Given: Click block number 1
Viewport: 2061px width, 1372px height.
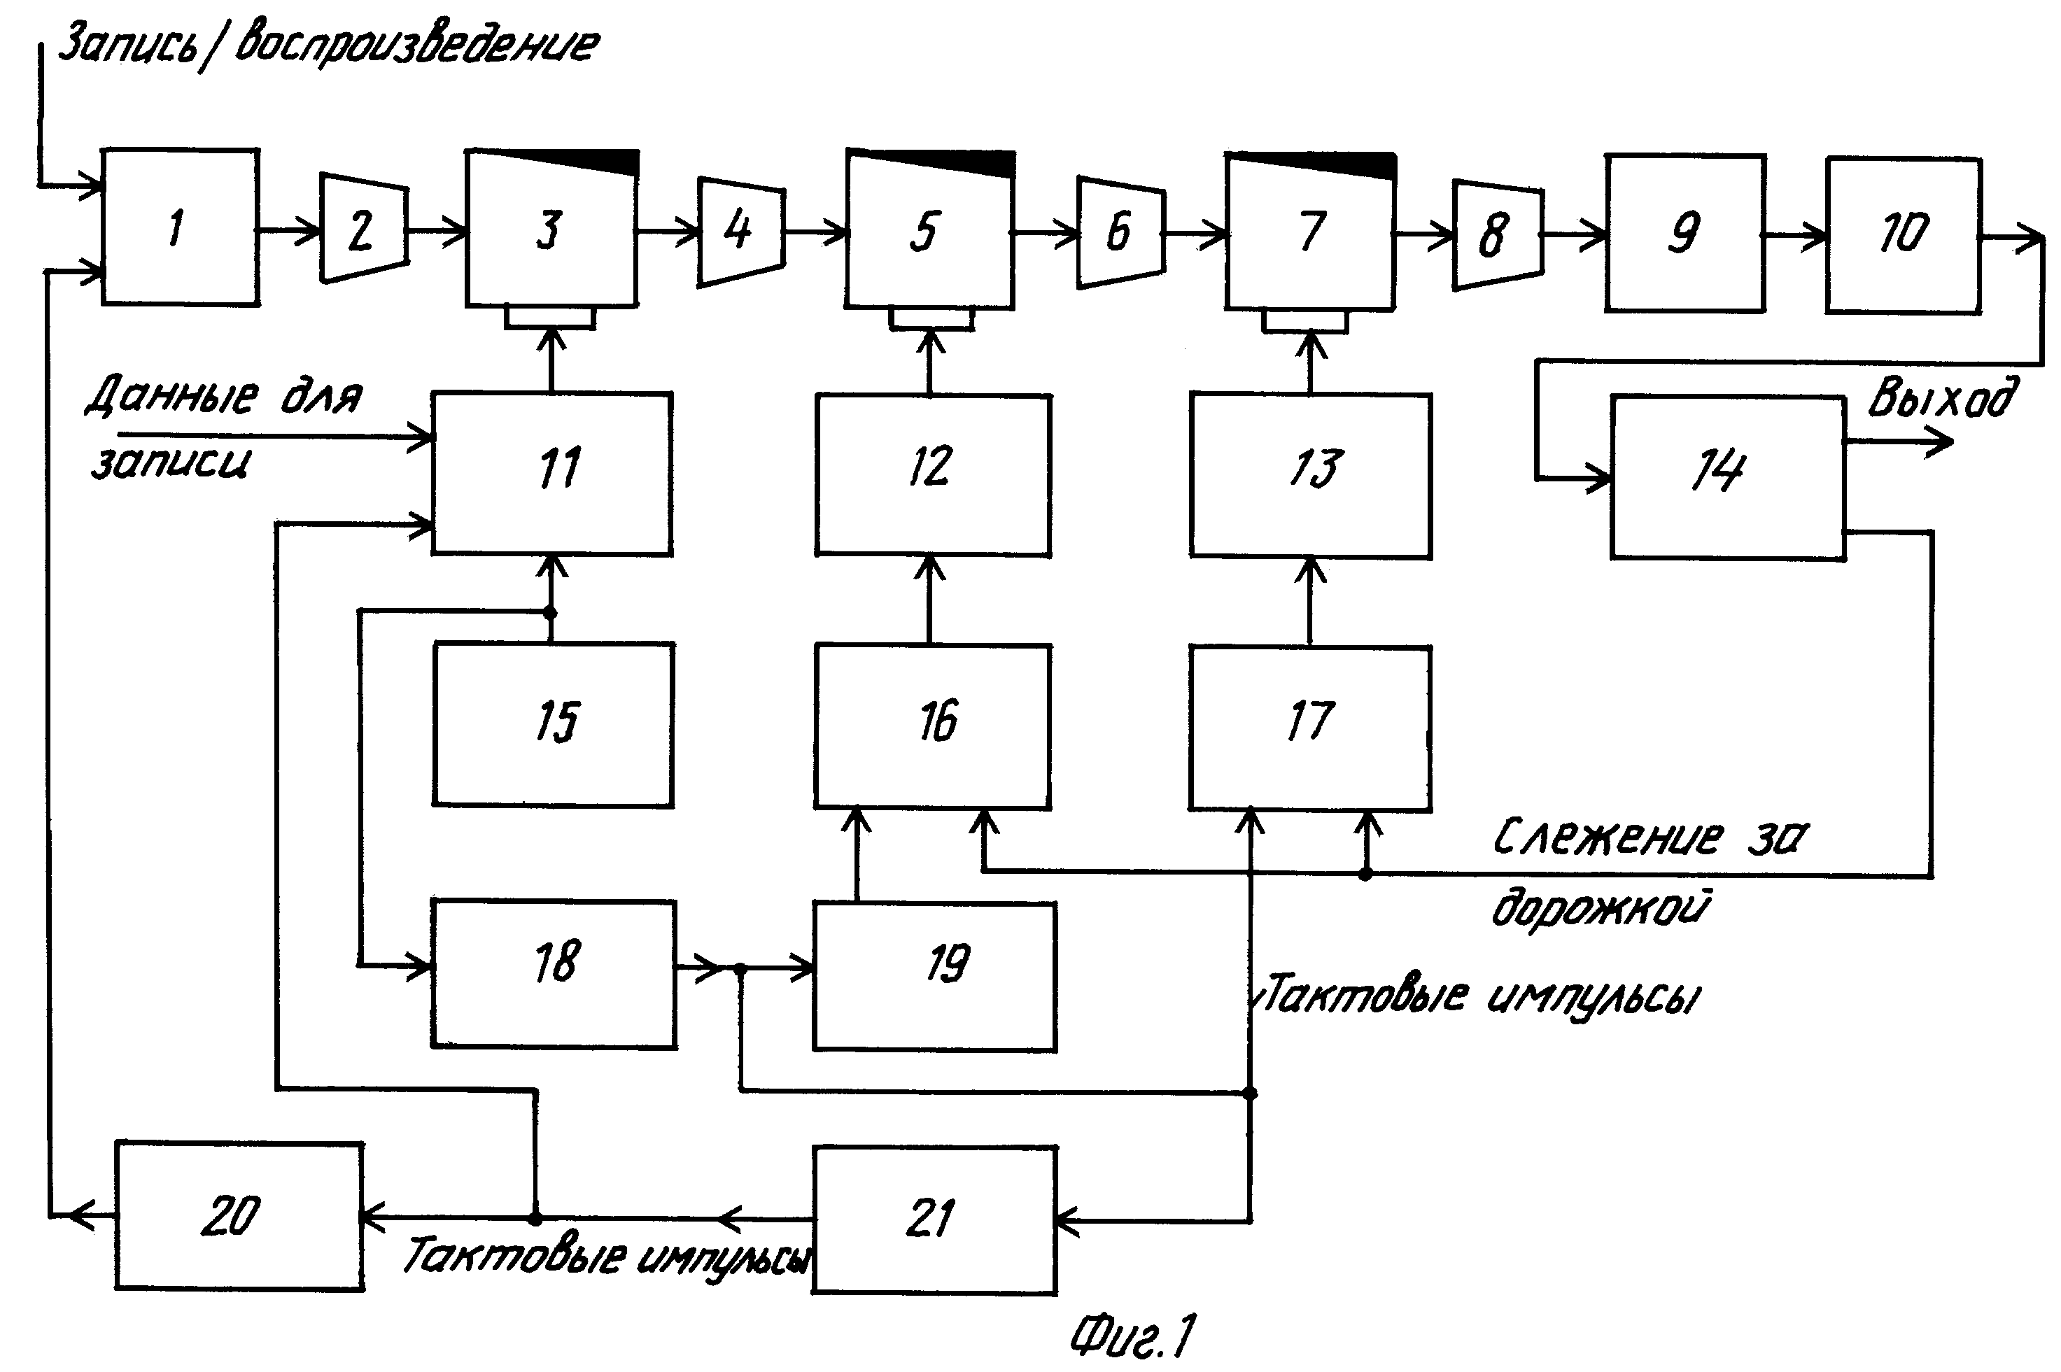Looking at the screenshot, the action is point(181,227).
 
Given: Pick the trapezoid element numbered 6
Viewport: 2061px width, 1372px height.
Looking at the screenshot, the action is point(1120,232).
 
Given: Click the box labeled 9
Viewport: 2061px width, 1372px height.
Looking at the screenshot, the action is point(1684,233).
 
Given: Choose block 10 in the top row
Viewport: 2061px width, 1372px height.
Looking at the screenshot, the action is point(1904,234).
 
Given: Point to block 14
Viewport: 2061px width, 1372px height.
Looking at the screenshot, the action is point(1728,477).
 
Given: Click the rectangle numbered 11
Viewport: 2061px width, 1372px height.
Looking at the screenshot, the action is point(552,474).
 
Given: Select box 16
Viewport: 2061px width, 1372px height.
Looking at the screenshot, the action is point(933,726).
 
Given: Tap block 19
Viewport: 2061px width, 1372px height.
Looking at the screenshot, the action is point(935,977).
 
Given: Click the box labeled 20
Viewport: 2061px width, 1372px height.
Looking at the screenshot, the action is point(239,1215).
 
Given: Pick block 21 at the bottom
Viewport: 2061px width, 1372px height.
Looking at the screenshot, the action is point(935,1219).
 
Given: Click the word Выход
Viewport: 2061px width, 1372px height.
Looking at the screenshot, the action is point(1943,399).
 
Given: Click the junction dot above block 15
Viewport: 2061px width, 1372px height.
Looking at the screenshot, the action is point(551,612).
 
